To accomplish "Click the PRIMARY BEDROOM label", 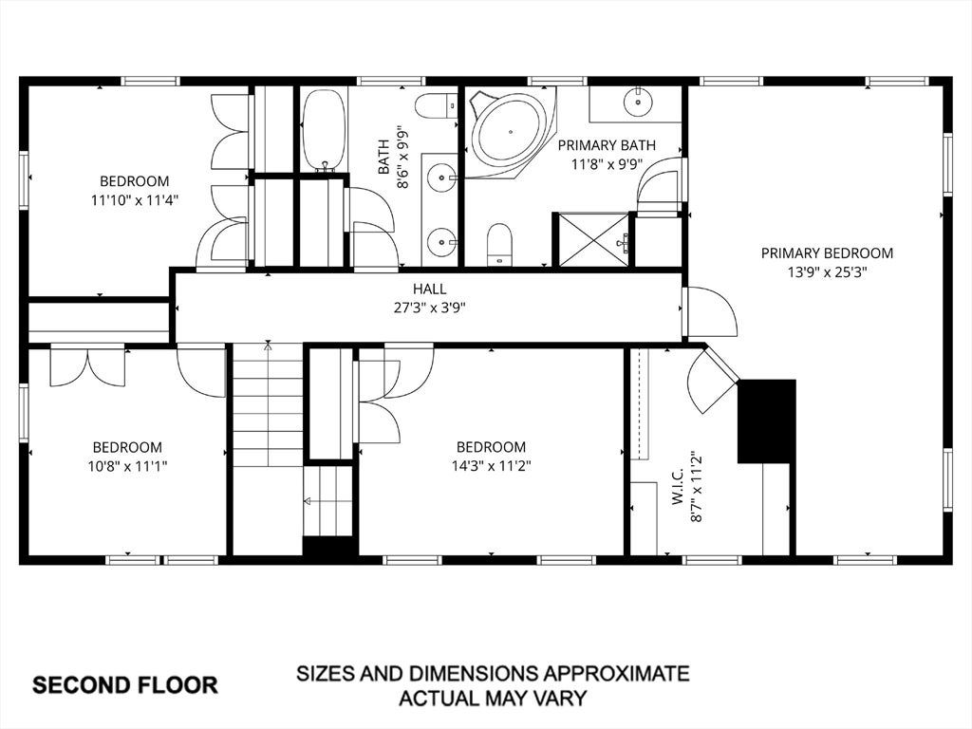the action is pos(827,252).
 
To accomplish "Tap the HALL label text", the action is pos(430,289).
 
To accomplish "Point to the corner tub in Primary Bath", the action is pos(510,132).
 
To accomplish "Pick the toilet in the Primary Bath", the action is pos(499,244).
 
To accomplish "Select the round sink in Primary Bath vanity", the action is pos(637,103).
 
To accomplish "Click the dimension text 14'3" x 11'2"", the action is pos(491,465).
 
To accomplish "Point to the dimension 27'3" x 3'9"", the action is pos(430,308).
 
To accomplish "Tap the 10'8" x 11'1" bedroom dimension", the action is pos(128,465).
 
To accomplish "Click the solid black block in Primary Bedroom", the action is pos(766,421).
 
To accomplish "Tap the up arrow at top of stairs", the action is pos(268,345).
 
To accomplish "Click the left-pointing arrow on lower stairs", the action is pos(308,501).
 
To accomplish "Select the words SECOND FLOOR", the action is pos(125,685).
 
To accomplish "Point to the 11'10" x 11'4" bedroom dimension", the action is pos(135,200).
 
